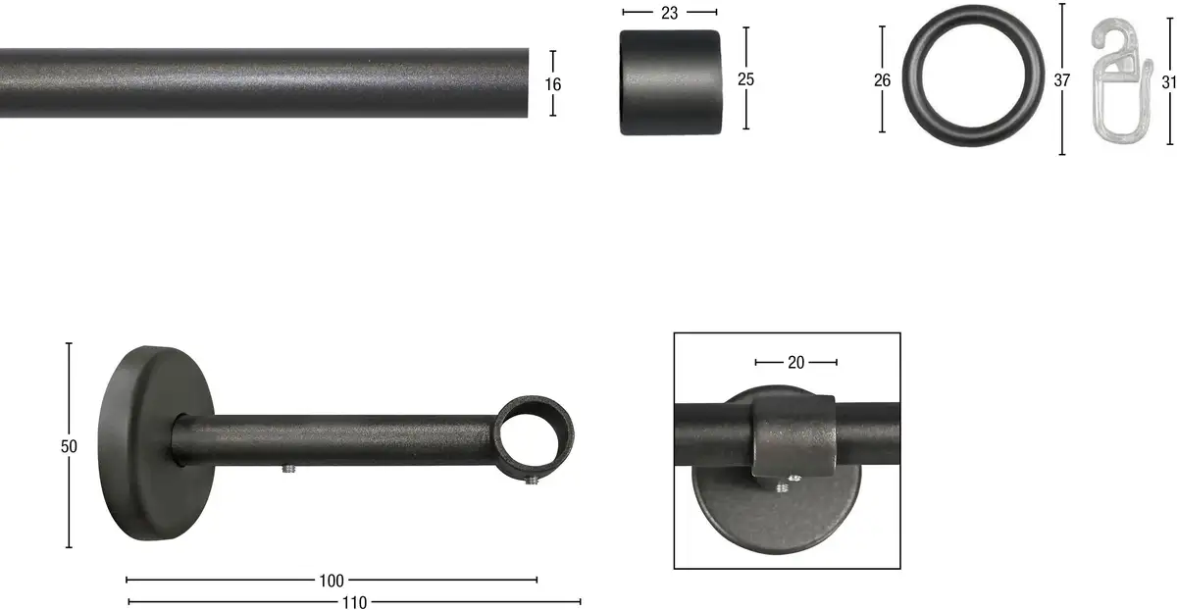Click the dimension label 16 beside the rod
coord(553,84)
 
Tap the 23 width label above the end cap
coord(669,13)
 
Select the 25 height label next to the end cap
coord(745,79)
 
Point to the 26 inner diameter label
coord(882,80)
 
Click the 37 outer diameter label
coord(1062,80)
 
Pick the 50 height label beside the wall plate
coord(69,446)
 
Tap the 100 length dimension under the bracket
coord(332,581)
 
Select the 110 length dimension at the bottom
coord(355,602)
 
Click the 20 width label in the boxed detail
coord(796,363)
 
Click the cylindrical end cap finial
coord(671,82)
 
